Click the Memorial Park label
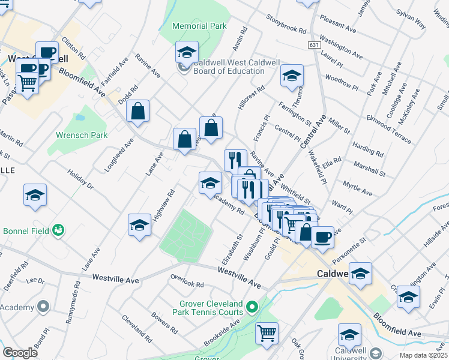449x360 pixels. coord(199,26)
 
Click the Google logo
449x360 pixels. coord(20,353)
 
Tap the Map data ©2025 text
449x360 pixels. coord(423,355)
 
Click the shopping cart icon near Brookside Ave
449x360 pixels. coord(267,332)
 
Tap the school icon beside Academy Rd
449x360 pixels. coord(210,182)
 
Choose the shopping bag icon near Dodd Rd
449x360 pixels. coord(137,110)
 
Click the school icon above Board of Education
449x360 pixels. coord(187,52)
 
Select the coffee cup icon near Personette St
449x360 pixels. coord(322,237)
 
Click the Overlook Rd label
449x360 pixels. coord(187,285)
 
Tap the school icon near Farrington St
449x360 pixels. coord(292,75)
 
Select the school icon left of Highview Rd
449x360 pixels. coord(139,224)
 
